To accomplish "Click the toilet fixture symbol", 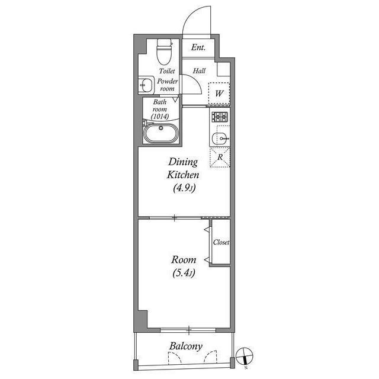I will point(163,51).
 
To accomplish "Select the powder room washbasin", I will point(145,86).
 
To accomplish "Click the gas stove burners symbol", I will point(220,116).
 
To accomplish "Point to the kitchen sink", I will point(220,139).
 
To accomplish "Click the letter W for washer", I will point(219,94).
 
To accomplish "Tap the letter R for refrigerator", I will point(220,158).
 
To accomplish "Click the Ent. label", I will point(198,47).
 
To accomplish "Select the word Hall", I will point(199,70).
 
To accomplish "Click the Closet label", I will point(221,243).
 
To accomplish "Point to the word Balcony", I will point(186,346).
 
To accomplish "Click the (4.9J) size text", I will point(184,189).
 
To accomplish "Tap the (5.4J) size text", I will point(183,274).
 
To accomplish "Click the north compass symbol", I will point(246,357).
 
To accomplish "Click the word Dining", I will point(184,162).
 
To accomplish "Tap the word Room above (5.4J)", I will point(183,259).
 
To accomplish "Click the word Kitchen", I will point(184,175).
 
